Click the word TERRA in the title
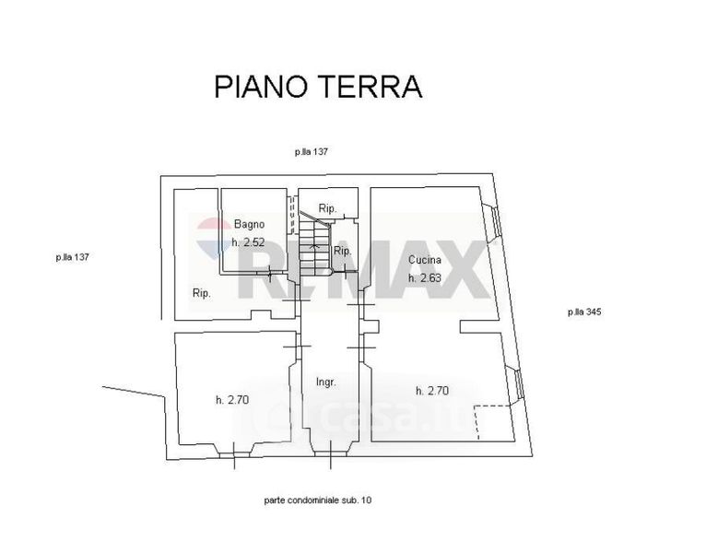coord(371,87)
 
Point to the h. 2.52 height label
coord(248,242)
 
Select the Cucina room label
coord(424,260)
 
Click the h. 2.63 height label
coord(425,278)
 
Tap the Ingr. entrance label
coord(324,381)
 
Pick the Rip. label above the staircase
coord(326,208)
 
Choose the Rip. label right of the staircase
coord(341,251)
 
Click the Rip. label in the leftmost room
coord(202,293)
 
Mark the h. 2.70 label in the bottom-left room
coord(231,399)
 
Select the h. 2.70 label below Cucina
coord(431,390)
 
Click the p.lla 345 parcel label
coord(583,312)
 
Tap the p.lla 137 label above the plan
coord(312,152)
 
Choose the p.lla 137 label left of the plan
coord(72,258)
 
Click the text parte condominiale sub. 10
coord(316,500)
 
